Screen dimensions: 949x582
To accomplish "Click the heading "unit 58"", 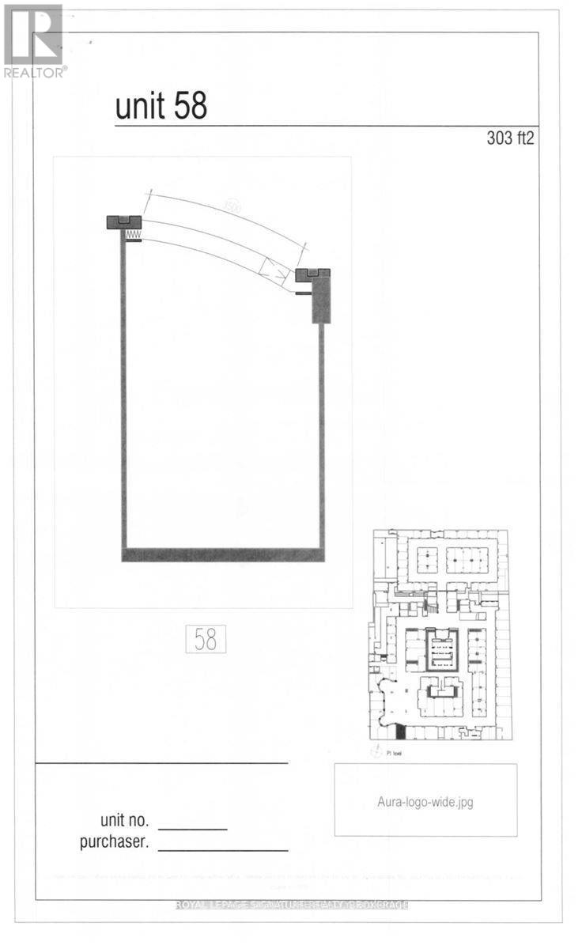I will pyautogui.click(x=161, y=106).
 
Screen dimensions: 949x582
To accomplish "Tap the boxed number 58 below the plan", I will pyautogui.click(x=206, y=639).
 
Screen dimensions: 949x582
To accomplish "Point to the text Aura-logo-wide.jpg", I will pyautogui.click(x=425, y=801).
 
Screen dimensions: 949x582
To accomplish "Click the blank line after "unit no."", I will pyautogui.click(x=198, y=828).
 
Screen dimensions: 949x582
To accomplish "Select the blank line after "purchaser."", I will pyautogui.click(x=223, y=850).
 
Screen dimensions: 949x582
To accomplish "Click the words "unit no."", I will pyautogui.click(x=125, y=821).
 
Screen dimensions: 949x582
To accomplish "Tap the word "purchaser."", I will pyautogui.click(x=114, y=842).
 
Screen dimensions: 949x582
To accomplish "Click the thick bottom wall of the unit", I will pyautogui.click(x=223, y=554).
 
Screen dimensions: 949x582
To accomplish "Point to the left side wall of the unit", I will pyautogui.click(x=123, y=395).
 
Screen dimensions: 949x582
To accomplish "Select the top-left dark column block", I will pyautogui.click(x=124, y=222).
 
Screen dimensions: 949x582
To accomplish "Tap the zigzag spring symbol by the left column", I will pyautogui.click(x=132, y=235).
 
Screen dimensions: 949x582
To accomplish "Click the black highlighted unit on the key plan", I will pyautogui.click(x=400, y=733).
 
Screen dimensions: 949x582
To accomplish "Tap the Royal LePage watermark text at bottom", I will pyautogui.click(x=291, y=905).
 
